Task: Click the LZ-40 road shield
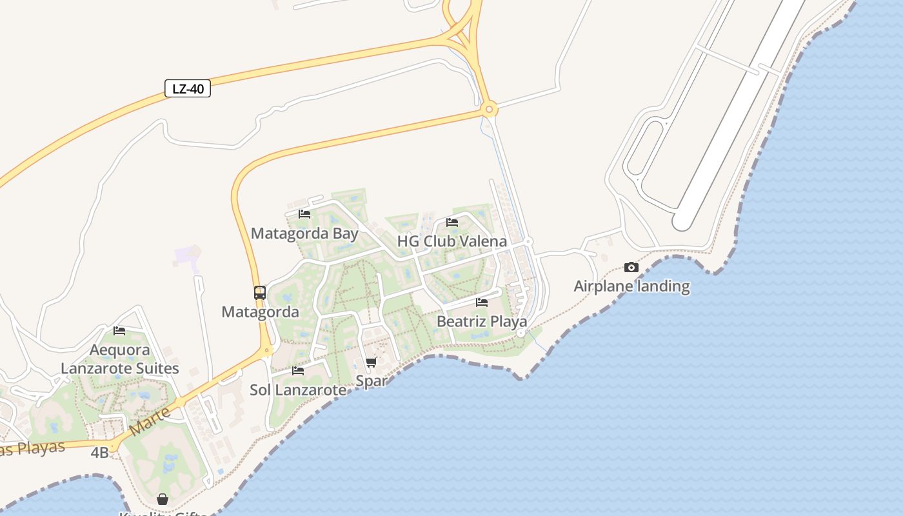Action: coord(188,88)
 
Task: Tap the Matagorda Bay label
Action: coord(304,233)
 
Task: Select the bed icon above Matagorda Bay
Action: coord(304,214)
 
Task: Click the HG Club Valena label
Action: coord(451,241)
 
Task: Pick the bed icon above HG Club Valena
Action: coord(452,223)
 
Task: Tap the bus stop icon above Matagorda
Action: coord(259,293)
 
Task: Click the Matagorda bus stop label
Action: coord(260,312)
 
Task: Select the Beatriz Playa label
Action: coord(482,321)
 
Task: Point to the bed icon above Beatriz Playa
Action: coord(482,303)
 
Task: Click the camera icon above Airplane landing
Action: coord(631,267)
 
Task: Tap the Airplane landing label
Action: coord(631,286)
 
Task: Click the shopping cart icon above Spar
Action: coord(371,362)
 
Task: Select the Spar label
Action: coord(371,381)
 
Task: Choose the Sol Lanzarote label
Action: coord(298,390)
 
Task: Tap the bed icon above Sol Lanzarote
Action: coord(298,371)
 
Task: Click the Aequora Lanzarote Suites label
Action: coord(120,359)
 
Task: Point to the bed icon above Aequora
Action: coord(119,331)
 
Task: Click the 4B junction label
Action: coord(99,453)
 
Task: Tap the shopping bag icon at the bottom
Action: coord(163,499)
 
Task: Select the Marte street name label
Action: coord(150,421)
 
